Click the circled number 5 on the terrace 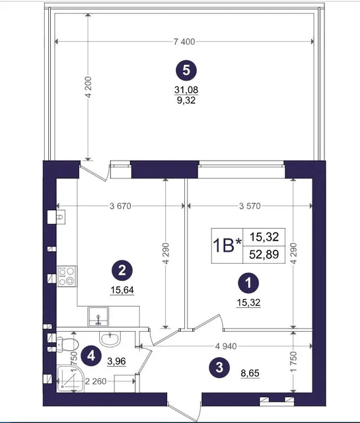pos(186,71)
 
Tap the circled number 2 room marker pos(122,270)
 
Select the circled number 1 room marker pos(248,284)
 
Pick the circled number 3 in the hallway pos(219,367)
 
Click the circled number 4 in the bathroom pos(91,356)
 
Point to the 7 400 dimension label pos(184,42)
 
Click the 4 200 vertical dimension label pos(89,87)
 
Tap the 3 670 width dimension pos(120,206)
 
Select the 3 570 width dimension pos(250,206)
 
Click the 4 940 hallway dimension pos(226,346)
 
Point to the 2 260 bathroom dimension pos(96,381)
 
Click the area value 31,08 pos(186,90)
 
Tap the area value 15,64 pos(122,290)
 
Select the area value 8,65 pos(250,373)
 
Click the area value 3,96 pos(116,361)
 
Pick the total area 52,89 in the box pos(264,254)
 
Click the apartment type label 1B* pos(227,246)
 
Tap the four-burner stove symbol pos(67,276)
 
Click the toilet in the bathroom pos(67,344)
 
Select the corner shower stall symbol pos(70,378)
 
